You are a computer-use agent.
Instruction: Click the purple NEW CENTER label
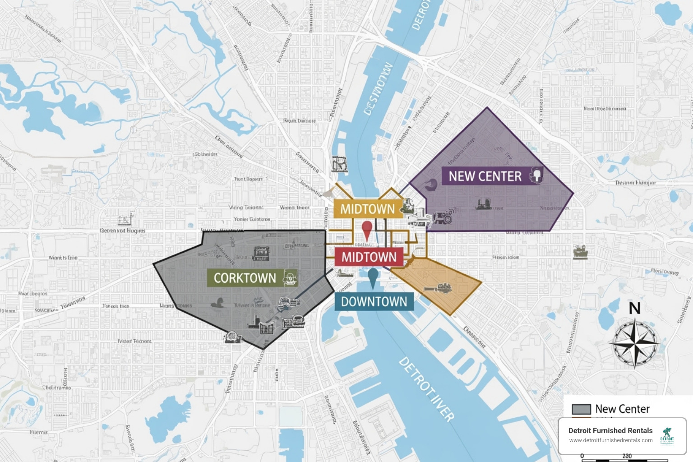485,176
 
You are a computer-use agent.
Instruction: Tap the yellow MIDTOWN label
368,209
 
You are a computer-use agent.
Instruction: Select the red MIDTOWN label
369,257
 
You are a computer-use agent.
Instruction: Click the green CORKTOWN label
245,278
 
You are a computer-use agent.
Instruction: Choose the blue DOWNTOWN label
374,302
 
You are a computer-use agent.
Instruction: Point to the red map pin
367,229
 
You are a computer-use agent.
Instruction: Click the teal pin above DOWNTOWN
373,277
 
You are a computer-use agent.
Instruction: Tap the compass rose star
635,343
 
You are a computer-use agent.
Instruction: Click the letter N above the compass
635,309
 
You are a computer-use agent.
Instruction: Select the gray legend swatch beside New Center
581,409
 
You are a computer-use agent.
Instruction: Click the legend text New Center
622,409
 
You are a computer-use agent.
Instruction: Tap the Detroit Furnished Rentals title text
610,430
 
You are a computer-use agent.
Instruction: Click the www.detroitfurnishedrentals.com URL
610,440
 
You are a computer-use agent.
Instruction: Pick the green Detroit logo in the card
667,436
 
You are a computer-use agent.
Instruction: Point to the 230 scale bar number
627,456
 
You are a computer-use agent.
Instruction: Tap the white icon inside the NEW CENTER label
536,175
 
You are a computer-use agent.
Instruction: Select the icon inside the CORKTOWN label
290,278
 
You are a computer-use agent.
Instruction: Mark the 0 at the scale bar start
582,456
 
